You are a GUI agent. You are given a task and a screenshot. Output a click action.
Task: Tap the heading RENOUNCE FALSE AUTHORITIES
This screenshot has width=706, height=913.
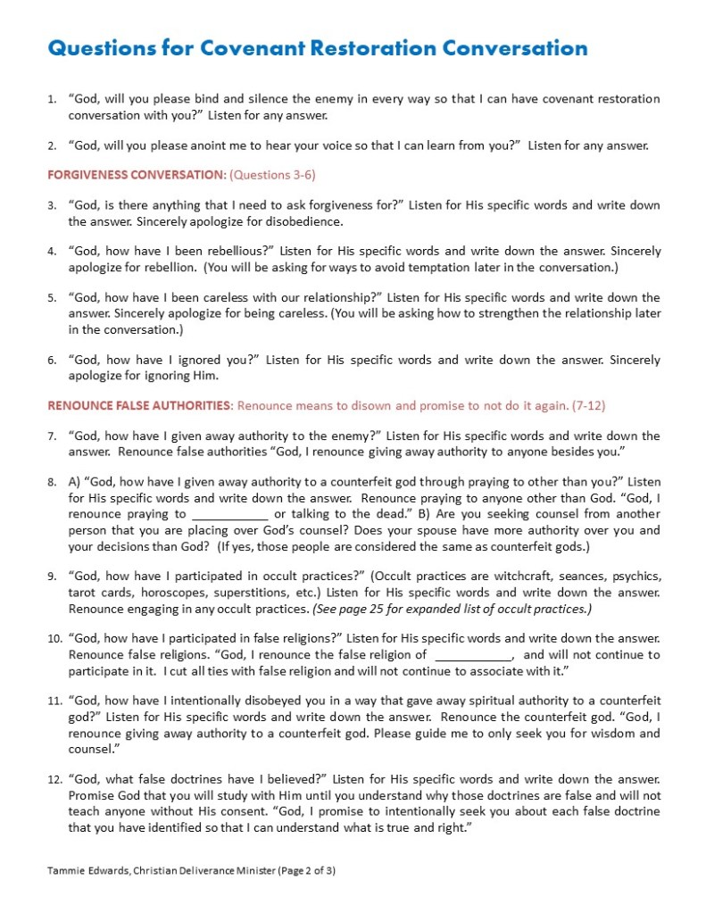[139, 406]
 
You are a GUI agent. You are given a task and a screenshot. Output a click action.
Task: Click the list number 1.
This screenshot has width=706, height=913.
[52, 99]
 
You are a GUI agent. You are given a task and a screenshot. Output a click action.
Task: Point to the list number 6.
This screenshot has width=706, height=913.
[52, 361]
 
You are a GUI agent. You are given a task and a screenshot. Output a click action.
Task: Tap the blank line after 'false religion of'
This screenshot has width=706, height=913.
[471, 655]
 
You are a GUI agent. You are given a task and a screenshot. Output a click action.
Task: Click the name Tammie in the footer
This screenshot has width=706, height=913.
[65, 869]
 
